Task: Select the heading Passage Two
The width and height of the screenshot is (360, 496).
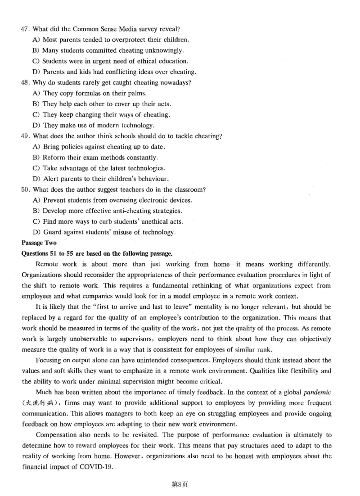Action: coord(38,243)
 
